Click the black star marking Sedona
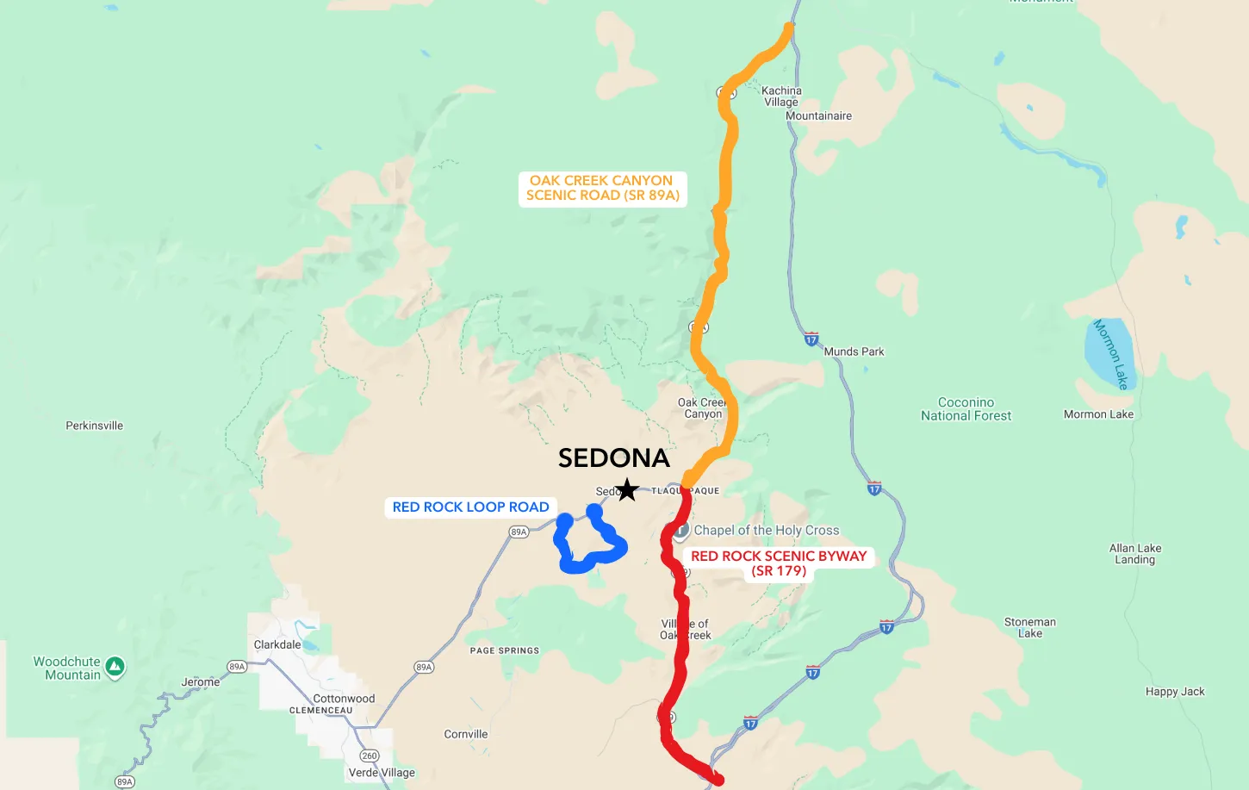627,490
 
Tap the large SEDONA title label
613,458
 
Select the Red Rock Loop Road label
470,507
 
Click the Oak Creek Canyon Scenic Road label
602,188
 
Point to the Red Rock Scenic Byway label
779,563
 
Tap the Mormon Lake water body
1109,353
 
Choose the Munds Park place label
854,351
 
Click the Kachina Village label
781,96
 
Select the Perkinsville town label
95,426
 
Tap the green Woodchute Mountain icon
115,666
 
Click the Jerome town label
201,682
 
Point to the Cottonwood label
344,699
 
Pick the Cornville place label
466,734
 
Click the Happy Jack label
1175,692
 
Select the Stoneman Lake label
1030,627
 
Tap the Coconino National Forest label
966,409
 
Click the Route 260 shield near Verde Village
370,756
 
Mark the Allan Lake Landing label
1135,554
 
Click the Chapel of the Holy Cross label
766,531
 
